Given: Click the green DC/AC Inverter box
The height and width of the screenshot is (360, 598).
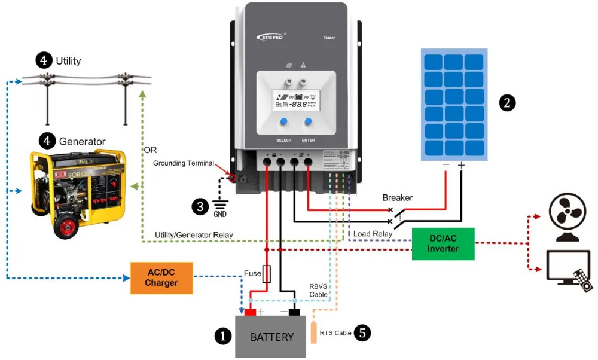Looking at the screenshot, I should (x=443, y=244).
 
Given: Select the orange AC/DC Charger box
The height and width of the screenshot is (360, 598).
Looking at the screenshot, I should (x=161, y=278).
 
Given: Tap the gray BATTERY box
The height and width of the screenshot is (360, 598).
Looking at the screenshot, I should (x=271, y=337).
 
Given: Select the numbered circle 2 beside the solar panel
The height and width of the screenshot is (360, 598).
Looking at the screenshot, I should (x=507, y=103).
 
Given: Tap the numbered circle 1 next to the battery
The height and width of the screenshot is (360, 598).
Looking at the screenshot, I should (x=222, y=337).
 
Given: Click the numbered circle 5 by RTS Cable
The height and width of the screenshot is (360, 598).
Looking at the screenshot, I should (x=362, y=333).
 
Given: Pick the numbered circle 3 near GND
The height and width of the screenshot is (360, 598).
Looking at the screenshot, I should (x=200, y=206).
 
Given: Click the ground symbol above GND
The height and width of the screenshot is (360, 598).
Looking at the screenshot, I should (x=220, y=203).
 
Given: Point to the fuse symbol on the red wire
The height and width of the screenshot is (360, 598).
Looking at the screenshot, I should (x=267, y=274).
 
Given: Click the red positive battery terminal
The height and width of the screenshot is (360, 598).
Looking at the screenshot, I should (x=249, y=311).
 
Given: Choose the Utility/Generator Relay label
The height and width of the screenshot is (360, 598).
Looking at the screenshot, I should (x=194, y=234).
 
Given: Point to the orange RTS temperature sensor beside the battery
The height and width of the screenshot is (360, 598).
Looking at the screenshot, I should (x=315, y=332).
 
